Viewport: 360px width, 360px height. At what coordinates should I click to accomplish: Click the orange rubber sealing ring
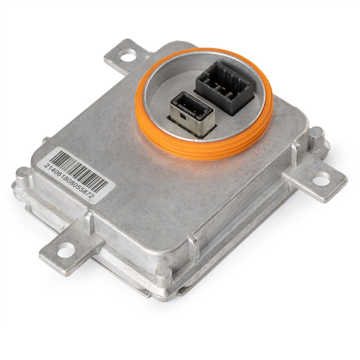click(204, 104)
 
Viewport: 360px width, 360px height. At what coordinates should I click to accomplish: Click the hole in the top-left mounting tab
click(128, 55)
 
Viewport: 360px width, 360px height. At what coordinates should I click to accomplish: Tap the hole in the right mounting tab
click(321, 178)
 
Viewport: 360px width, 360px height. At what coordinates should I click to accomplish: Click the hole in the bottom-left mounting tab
click(65, 249)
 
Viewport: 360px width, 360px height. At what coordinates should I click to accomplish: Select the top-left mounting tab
click(126, 56)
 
